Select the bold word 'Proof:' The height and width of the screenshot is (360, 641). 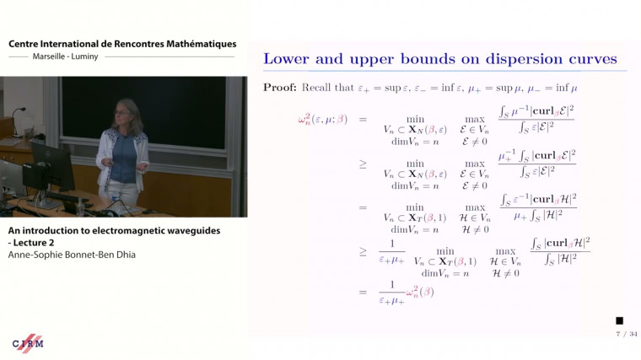coord(280,87)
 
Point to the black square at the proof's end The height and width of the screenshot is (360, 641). coord(619,320)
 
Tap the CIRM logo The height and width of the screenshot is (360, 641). coord(28,342)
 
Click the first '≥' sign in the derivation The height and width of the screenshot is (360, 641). coord(364,163)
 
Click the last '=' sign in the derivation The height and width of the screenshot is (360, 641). coord(364,292)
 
